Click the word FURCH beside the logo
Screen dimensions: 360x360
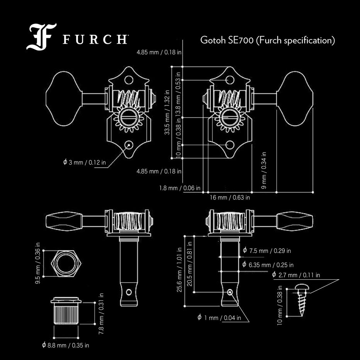pos(95,40)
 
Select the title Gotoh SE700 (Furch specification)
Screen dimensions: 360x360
pos(267,40)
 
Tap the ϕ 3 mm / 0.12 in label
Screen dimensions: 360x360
pos(84,162)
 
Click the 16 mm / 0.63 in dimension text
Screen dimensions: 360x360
pos(230,197)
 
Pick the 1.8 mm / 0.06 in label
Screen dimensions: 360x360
pos(180,188)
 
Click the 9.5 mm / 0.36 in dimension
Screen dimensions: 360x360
pos(38,263)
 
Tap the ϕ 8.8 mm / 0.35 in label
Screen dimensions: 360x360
pos(65,345)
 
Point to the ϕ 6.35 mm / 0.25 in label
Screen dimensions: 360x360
pos(268,265)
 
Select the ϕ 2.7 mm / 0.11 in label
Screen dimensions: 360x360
pos(296,275)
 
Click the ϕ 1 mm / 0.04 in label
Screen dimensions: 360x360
pos(219,318)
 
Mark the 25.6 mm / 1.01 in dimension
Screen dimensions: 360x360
pos(179,270)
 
